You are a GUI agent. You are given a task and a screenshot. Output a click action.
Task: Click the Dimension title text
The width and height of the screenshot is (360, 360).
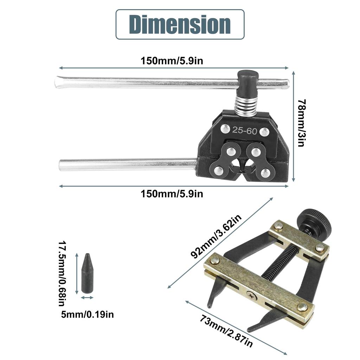pyautogui.click(x=180, y=24)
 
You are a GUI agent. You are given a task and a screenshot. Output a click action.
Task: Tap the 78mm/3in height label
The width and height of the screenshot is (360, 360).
pyautogui.click(x=301, y=123)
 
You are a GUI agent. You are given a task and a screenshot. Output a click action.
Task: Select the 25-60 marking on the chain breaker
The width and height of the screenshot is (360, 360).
pyautogui.click(x=245, y=130)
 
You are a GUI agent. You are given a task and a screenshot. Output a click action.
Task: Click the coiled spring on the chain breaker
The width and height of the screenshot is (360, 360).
pyautogui.click(x=246, y=105)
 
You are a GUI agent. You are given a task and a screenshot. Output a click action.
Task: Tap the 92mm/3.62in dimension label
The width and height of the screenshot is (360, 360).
pyautogui.click(x=217, y=237)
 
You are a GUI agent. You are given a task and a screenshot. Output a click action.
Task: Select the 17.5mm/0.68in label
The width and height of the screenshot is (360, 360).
pyautogui.click(x=62, y=273)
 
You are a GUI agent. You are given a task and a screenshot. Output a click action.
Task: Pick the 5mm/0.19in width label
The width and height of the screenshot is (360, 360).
pyautogui.click(x=88, y=314)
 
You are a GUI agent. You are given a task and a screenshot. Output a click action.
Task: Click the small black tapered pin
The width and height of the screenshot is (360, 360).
pyautogui.click(x=87, y=273)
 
